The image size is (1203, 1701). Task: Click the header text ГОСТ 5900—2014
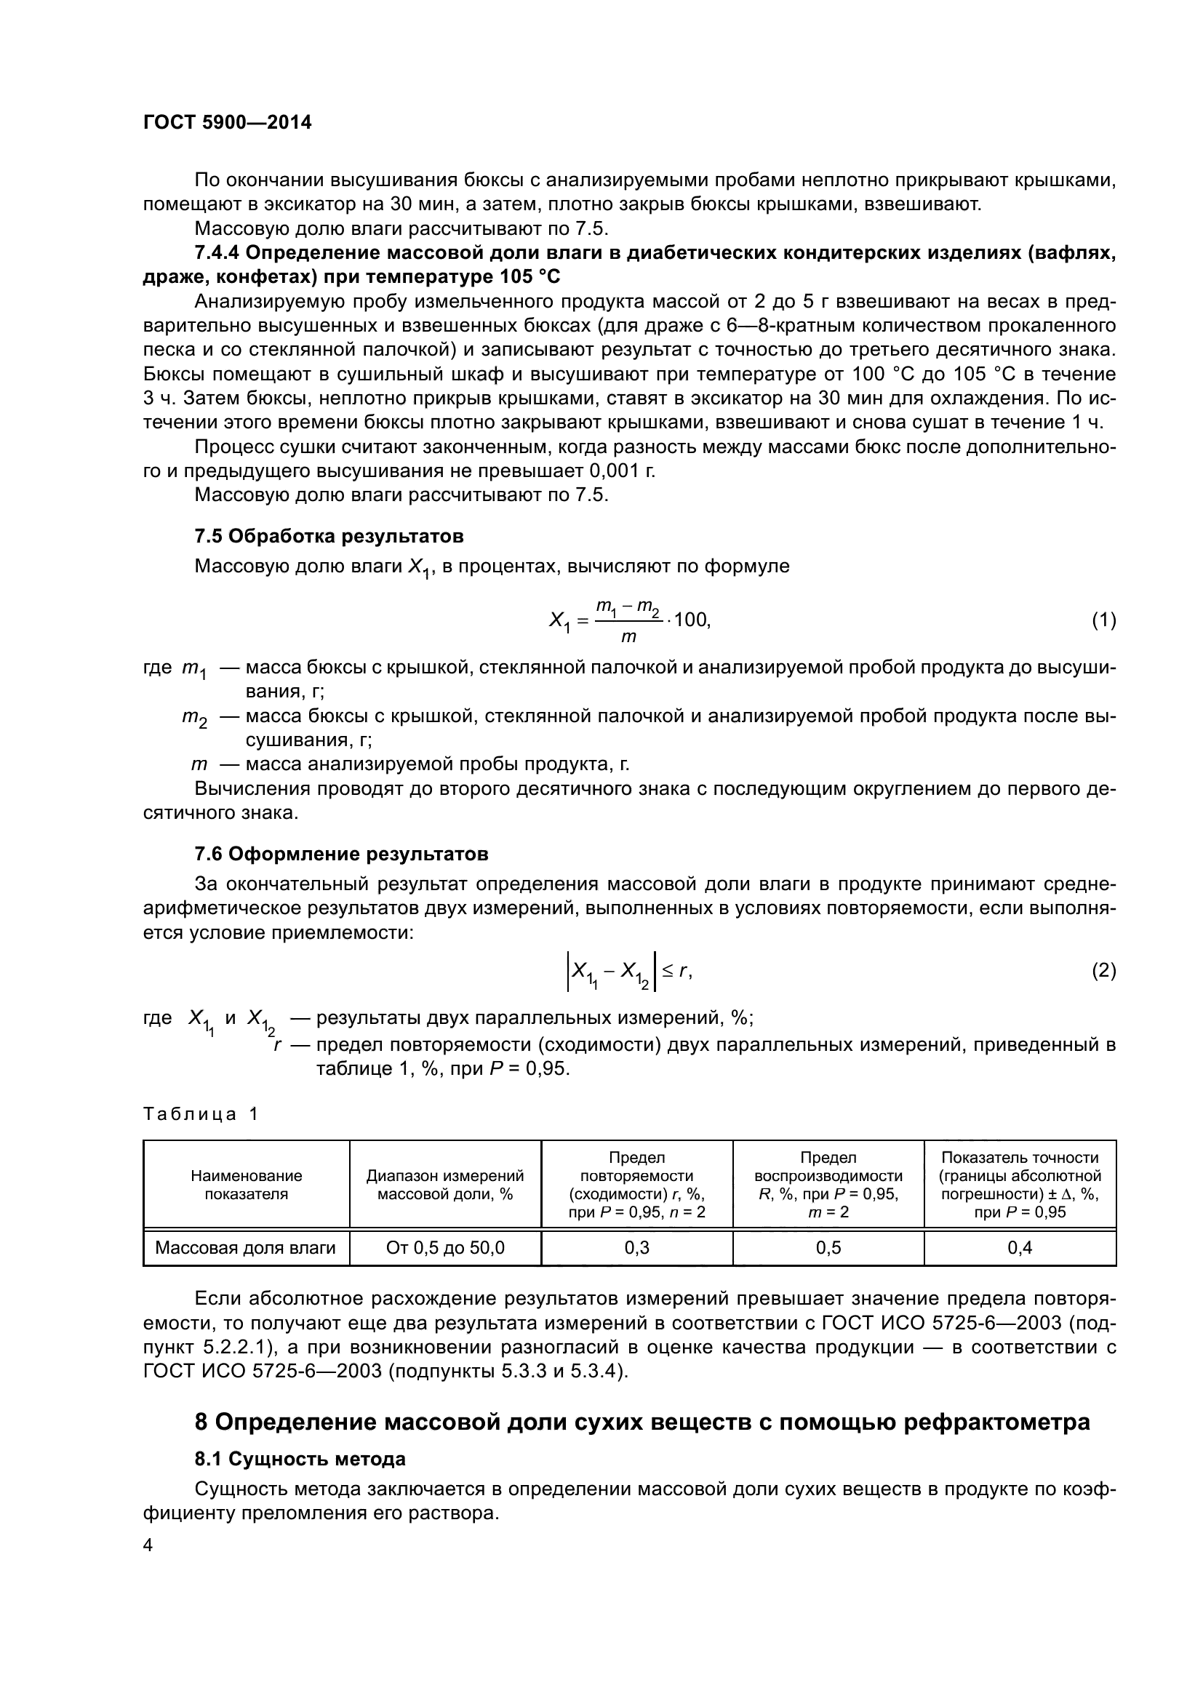coord(227,122)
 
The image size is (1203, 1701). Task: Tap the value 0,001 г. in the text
coord(623,471)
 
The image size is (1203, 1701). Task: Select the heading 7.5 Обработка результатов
coord(329,536)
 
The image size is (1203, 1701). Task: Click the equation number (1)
coord(1104,620)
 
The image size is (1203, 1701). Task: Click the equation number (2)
coord(1104,971)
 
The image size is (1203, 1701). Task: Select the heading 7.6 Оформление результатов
coord(340,854)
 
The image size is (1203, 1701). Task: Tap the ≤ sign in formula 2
coord(666,971)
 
